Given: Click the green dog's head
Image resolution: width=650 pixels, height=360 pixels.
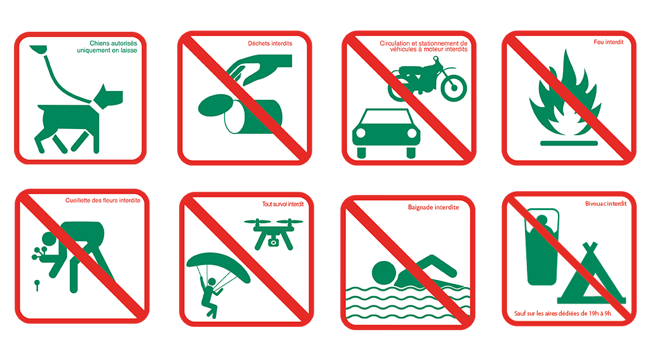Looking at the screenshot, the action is (x=109, y=97).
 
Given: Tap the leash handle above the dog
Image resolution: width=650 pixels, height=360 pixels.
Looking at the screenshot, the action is (x=38, y=50).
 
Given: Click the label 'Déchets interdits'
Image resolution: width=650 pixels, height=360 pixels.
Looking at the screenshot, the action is (x=270, y=43).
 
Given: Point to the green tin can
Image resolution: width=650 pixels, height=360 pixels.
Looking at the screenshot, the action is (x=253, y=116).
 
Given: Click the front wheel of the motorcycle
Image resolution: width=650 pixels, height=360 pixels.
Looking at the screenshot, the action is (x=453, y=88).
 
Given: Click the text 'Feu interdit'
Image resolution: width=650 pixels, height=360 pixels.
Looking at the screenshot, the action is (x=608, y=42).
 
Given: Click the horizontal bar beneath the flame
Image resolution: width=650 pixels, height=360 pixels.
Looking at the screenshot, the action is (x=569, y=143).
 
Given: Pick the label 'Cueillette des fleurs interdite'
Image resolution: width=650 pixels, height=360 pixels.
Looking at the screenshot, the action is (x=103, y=201).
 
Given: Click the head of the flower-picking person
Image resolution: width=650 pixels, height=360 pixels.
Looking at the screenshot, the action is (x=49, y=239).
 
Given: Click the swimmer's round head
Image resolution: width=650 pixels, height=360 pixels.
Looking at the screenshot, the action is (x=384, y=273).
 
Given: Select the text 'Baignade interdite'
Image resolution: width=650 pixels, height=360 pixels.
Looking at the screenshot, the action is (x=433, y=208).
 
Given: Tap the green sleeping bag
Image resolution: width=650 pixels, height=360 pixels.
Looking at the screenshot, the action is (x=542, y=247).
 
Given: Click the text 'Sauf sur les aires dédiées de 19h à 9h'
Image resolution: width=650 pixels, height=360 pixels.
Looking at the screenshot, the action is (x=562, y=314).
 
